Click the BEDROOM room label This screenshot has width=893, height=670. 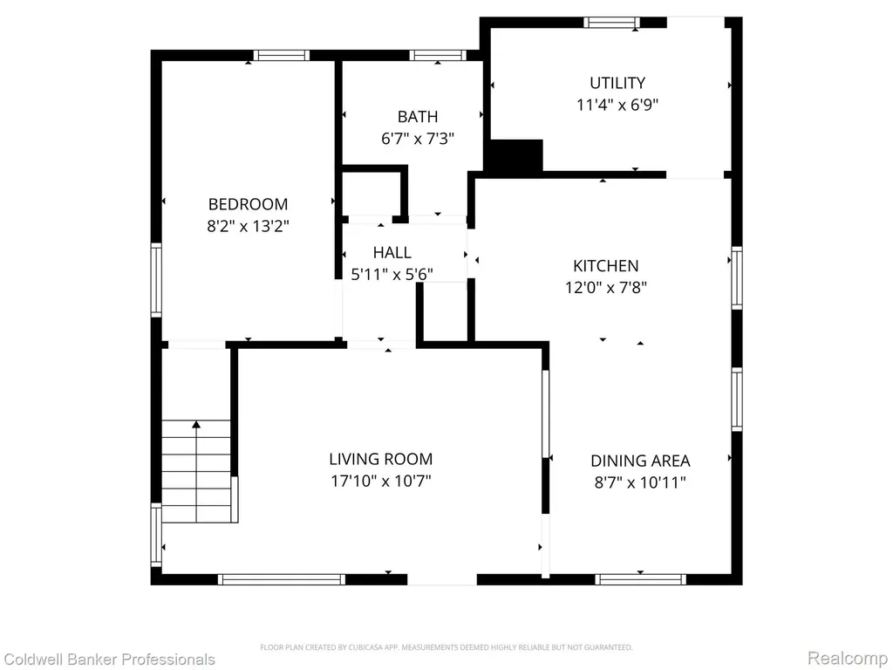point(248,204)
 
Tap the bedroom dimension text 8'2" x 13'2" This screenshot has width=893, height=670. point(248,226)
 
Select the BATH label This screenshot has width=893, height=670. point(418,117)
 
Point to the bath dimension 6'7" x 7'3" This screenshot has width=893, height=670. point(418,139)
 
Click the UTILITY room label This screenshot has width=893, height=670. point(617,83)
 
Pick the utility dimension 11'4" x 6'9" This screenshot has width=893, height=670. point(617,105)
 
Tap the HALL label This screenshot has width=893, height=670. point(392,252)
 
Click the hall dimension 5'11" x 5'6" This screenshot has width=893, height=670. point(392,275)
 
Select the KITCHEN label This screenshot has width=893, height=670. point(605,265)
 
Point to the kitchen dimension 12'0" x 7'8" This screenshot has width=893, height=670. point(605,287)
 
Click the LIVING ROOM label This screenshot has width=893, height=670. point(380,459)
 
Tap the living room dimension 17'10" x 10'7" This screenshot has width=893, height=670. point(380,482)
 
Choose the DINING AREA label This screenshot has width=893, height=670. point(640,461)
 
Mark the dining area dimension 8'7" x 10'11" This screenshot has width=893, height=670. point(640,482)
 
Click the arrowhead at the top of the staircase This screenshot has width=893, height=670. point(196,425)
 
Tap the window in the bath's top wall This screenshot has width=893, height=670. point(438,55)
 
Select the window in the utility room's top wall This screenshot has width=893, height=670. point(611,22)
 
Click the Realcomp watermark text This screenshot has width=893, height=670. point(848,658)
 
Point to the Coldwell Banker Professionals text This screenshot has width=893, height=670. point(108,660)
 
